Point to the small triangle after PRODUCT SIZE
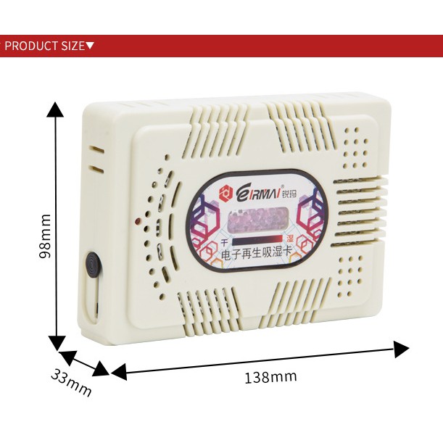coord(90,46)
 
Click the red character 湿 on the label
coord(289,238)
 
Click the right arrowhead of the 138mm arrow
coord(402,349)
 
